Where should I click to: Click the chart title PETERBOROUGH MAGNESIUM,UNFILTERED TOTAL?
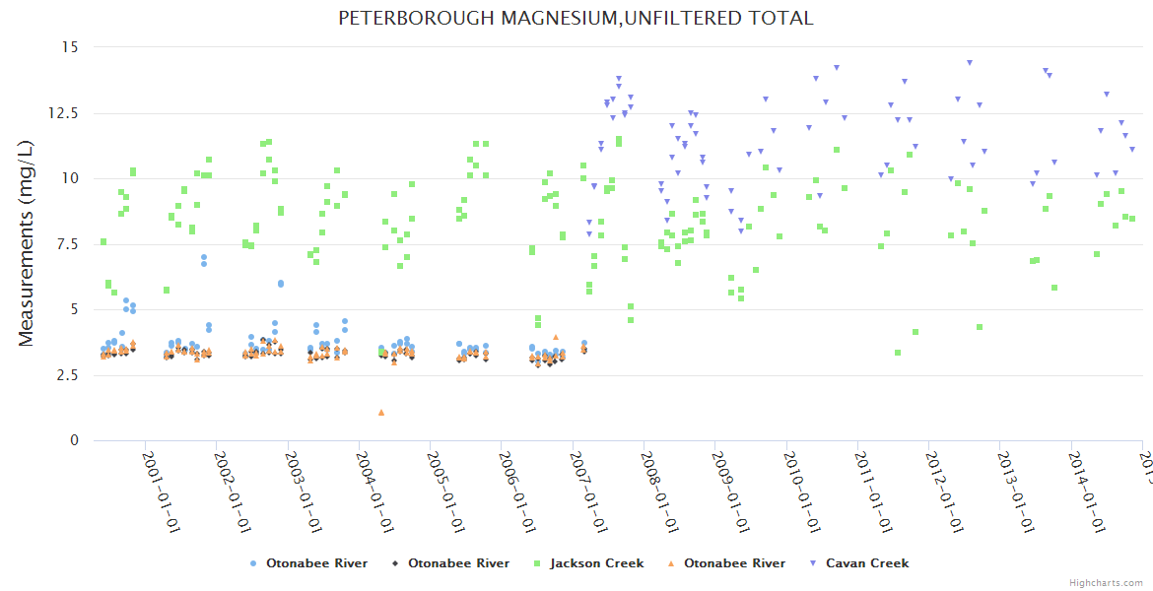pos(576,18)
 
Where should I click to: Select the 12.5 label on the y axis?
pos(66,113)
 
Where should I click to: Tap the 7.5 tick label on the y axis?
pos(69,244)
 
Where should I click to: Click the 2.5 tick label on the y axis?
pos(69,375)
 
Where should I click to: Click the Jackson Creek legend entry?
pos(596,563)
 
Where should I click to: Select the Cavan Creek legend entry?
pos(866,563)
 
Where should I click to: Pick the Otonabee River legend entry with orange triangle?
pos(734,563)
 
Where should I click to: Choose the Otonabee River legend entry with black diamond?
pos(458,563)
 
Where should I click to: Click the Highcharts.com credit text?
pos(1107,582)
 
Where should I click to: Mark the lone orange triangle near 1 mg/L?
pos(381,412)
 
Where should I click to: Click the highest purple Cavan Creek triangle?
pos(970,62)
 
